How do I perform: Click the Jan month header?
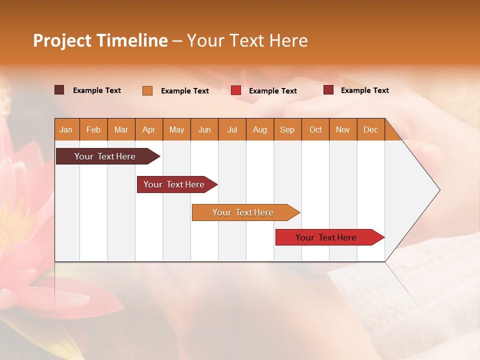click(66, 129)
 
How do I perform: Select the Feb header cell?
click(93, 129)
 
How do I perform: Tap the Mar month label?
click(121, 129)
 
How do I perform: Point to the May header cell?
click(176, 129)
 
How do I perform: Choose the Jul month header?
click(232, 129)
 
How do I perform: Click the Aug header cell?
click(259, 129)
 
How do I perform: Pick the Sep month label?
click(287, 129)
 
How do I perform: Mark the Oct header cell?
click(315, 129)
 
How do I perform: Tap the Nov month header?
click(343, 129)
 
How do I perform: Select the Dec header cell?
click(370, 129)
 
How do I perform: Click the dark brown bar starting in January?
click(105, 156)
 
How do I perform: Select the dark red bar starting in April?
click(174, 184)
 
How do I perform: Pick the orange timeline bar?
click(243, 212)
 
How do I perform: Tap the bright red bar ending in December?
click(326, 237)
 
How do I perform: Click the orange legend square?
click(147, 90)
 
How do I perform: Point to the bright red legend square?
click(236, 90)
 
